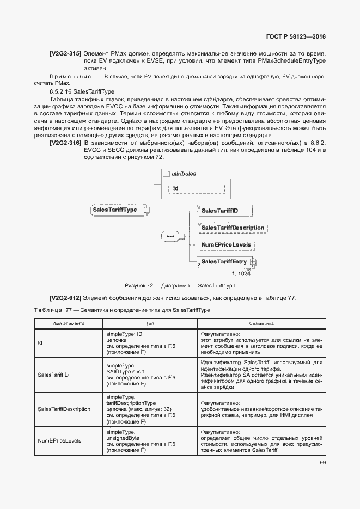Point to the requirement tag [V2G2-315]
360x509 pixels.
pyautogui.click(x=65, y=54)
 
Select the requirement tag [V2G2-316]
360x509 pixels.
pyautogui.click(x=65, y=143)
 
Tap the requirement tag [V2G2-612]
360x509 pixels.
pyautogui.click(x=65, y=298)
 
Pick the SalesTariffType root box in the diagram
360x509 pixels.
pyautogui.click(x=115, y=210)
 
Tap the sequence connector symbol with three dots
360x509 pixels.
pyautogui.click(x=170, y=237)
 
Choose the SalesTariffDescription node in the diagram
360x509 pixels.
pyautogui.click(x=235, y=228)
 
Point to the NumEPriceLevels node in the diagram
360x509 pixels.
pyautogui.click(x=226, y=245)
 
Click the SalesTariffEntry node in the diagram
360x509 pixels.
pyautogui.click(x=224, y=262)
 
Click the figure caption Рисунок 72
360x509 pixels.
pyautogui.click(x=180, y=285)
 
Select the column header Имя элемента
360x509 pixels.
pyautogui.click(x=68, y=323)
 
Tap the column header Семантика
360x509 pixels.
pyautogui.click(x=261, y=323)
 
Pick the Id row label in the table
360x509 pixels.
pyautogui.click(x=40, y=342)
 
